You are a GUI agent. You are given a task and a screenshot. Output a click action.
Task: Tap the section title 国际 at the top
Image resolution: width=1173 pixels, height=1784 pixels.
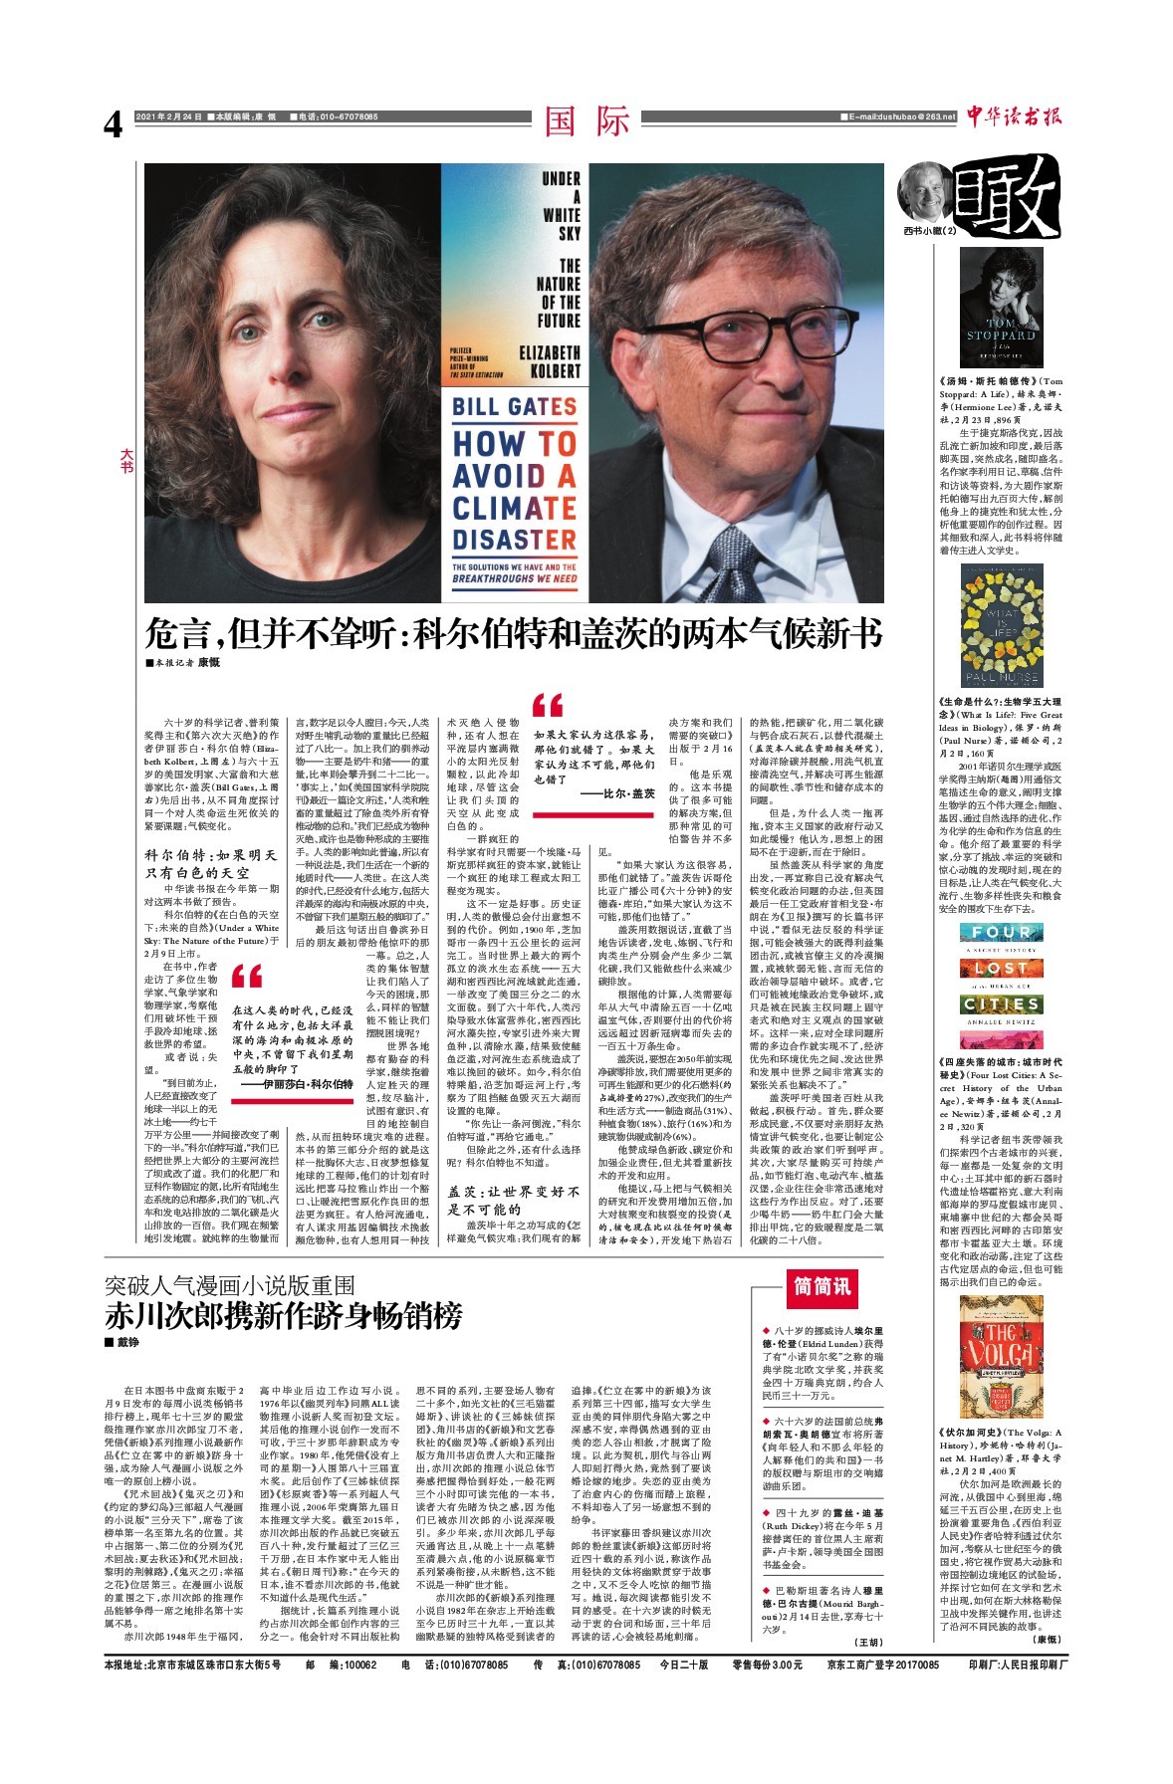click(587, 121)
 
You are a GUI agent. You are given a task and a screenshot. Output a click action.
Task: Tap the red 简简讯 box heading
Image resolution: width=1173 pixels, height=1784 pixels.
click(821, 1286)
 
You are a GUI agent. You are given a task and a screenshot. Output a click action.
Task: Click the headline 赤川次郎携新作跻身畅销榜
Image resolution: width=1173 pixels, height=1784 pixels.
click(285, 1316)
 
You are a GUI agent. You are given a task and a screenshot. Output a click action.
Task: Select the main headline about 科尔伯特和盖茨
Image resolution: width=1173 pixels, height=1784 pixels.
click(513, 633)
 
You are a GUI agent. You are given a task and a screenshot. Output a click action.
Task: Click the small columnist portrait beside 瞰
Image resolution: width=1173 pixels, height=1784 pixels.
click(925, 192)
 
